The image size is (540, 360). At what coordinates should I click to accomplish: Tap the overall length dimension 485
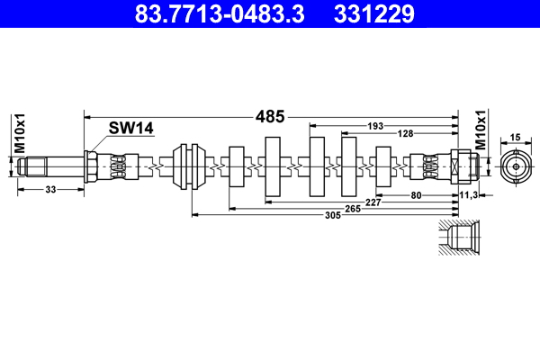pyautogui.click(x=271, y=116)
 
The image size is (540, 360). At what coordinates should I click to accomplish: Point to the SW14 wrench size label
pyautogui.click(x=130, y=129)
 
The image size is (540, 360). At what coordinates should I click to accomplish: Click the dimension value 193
pyautogui.click(x=377, y=125)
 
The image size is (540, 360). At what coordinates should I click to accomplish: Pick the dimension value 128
pyautogui.click(x=407, y=133)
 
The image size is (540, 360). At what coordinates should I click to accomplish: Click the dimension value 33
pyautogui.click(x=50, y=190)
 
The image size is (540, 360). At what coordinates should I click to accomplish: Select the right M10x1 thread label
pyautogui.click(x=480, y=132)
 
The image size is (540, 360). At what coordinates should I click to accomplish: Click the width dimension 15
pyautogui.click(x=516, y=137)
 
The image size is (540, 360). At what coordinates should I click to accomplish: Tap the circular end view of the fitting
pyautogui.click(x=515, y=166)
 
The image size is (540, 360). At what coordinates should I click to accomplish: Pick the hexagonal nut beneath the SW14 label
pyautogui.click(x=92, y=166)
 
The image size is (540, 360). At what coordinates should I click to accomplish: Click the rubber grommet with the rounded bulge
pyautogui.click(x=191, y=166)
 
